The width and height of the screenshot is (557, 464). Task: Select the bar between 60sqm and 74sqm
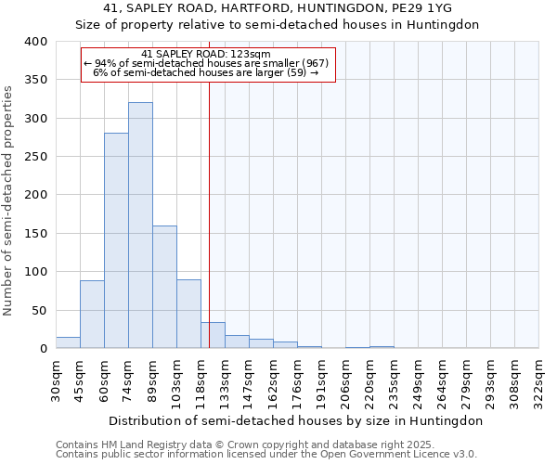pos(116,240)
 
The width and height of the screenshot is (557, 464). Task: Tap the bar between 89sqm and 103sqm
pos(164,287)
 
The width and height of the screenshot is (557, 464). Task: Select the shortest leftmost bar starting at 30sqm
pos(68,342)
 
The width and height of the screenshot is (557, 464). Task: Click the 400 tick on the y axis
pos(35,42)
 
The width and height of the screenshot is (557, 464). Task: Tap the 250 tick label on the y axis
pos(35,157)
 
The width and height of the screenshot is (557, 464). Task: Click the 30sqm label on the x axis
pos(56,380)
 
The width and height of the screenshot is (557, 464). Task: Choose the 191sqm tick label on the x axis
pos(321,380)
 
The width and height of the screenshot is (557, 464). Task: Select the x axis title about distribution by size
pos(296,420)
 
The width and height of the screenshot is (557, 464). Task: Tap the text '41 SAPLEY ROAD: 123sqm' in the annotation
pos(206,54)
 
